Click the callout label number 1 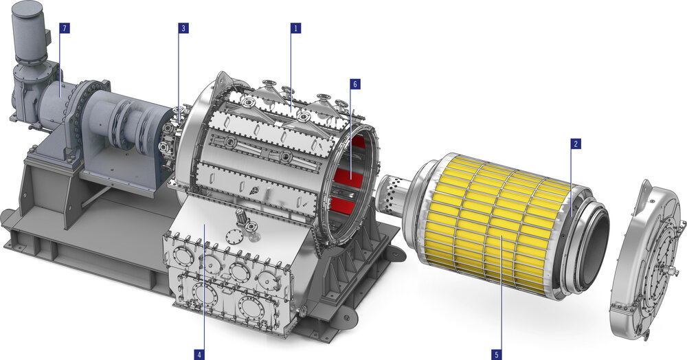point(295,29)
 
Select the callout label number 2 point(576,144)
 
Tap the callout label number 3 point(183,29)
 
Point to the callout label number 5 point(496,355)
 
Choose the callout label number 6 point(354,84)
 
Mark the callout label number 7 point(65,29)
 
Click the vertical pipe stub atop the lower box point(242,223)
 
